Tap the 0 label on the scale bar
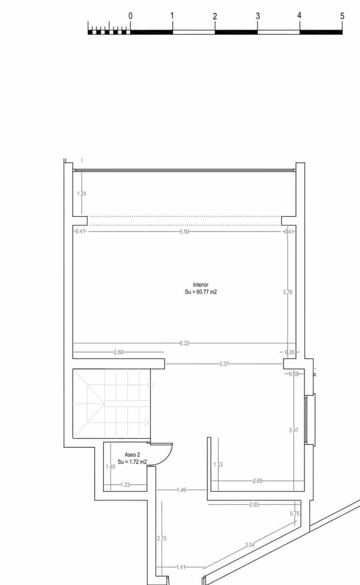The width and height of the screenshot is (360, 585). tap(130, 16)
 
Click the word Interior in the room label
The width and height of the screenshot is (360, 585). tap(201, 285)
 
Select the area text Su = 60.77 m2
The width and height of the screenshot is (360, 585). tap(201, 292)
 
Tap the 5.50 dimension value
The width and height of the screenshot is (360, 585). tap(184, 232)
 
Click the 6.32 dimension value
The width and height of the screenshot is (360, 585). tap(184, 343)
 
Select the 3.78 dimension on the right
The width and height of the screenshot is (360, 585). tap(288, 292)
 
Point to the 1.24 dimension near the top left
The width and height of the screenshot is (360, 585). tap(81, 194)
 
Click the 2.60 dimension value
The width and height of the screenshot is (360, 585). tap(119, 352)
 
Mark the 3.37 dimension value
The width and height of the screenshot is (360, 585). tap(224, 364)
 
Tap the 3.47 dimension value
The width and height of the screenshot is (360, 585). tap(293, 430)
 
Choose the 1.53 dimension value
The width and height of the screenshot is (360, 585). tap(218, 465)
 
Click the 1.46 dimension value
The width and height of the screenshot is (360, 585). tap(181, 490)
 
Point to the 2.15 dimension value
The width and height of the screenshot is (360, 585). tap(161, 538)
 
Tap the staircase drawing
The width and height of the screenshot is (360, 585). tap(112, 404)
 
